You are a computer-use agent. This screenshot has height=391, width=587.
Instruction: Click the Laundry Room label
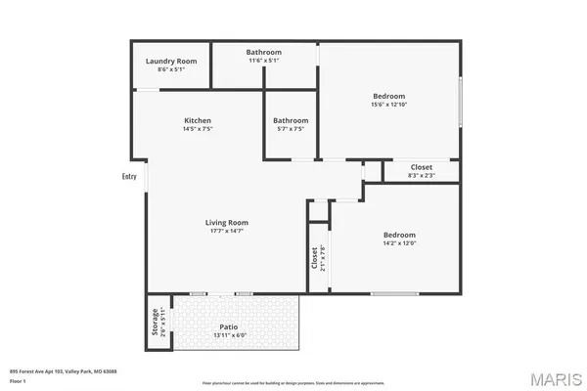point(171,61)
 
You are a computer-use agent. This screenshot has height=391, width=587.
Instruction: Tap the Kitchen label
point(198,120)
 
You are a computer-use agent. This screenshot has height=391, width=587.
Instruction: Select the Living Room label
point(225,222)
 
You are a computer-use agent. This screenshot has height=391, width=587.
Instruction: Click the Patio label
point(228,326)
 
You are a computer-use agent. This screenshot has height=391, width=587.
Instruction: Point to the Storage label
point(155,324)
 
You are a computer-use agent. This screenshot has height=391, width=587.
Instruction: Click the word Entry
point(129,177)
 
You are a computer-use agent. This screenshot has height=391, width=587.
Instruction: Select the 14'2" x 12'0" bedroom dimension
point(398,243)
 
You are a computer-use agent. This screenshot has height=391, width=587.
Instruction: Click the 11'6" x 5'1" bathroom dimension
point(263,61)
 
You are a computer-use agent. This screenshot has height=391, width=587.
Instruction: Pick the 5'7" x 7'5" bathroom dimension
point(290,129)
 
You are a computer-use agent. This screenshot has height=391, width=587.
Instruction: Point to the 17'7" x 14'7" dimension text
point(225,231)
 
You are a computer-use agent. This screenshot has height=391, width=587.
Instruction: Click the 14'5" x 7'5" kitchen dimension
point(198,129)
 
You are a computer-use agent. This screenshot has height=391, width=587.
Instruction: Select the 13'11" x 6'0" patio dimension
point(228,335)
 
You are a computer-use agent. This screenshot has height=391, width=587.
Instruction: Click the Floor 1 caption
point(19,381)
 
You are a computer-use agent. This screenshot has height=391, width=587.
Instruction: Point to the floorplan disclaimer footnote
point(286,382)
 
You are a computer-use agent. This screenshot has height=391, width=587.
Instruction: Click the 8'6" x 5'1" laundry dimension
point(171,69)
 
